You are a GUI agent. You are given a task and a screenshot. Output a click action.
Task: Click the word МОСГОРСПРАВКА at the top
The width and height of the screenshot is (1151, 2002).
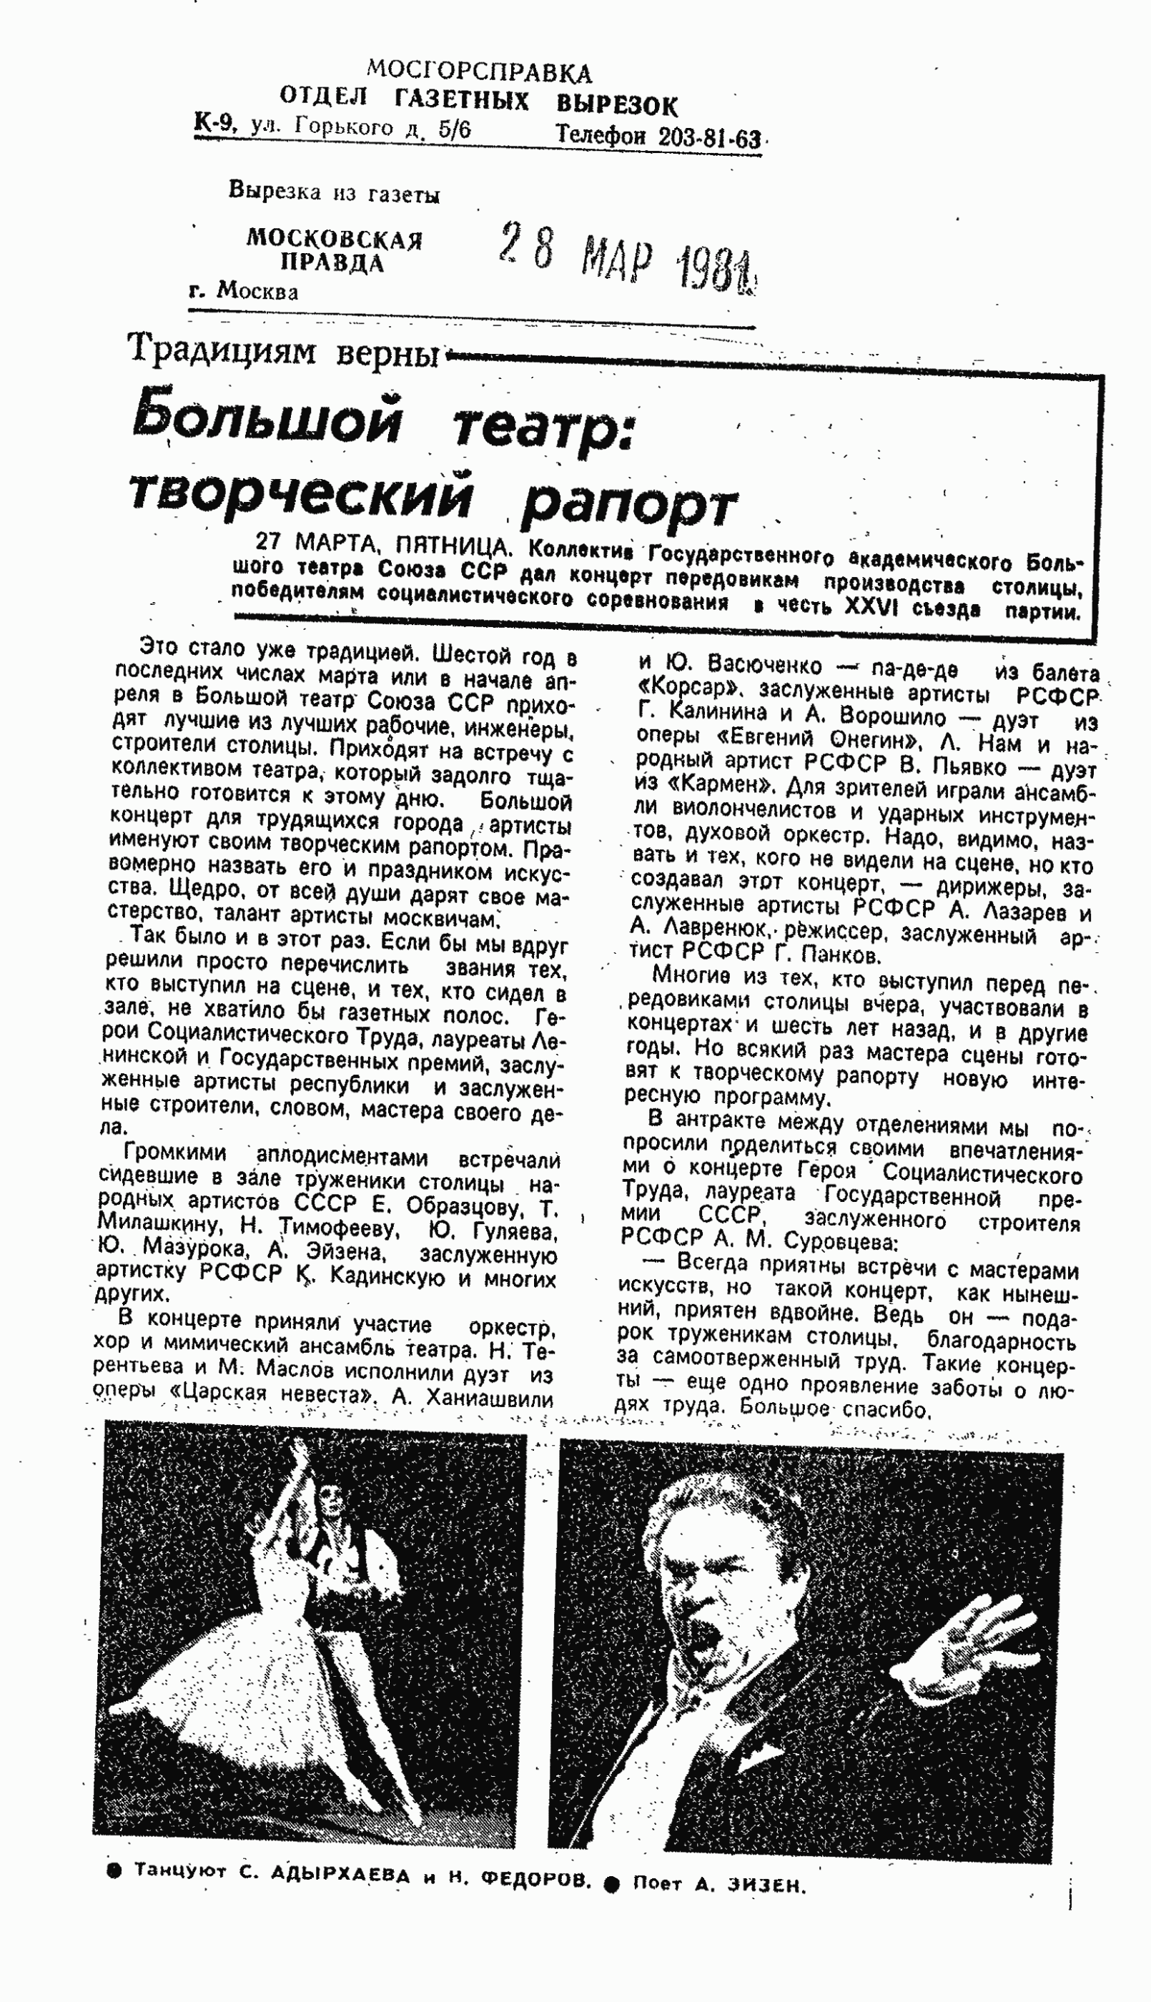click(x=479, y=72)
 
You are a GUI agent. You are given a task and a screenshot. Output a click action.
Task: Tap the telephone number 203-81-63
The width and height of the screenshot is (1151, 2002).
click(x=709, y=137)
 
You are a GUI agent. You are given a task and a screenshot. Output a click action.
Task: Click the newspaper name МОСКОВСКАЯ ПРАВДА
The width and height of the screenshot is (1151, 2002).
click(x=335, y=250)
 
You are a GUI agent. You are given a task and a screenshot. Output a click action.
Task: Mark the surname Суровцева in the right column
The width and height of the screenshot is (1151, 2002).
click(x=823, y=1240)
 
